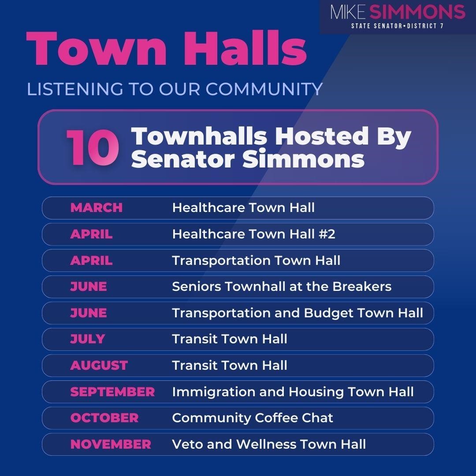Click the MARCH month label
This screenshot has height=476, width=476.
(x=96, y=208)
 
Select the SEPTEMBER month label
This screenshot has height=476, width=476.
(x=112, y=392)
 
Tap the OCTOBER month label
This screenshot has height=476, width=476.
(x=104, y=418)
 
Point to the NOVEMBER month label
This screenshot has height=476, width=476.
(x=110, y=444)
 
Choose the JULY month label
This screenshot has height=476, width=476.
(x=87, y=339)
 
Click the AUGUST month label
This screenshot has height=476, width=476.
(x=99, y=365)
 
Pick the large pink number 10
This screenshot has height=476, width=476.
(x=93, y=148)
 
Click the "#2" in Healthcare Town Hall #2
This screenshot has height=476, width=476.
(x=326, y=234)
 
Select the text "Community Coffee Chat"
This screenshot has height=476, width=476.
(x=253, y=418)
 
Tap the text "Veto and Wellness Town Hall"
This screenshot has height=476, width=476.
(x=269, y=444)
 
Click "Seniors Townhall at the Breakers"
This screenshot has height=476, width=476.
(x=282, y=286)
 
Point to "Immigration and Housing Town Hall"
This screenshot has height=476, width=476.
(x=293, y=392)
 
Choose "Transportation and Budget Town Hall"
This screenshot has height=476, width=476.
(x=297, y=313)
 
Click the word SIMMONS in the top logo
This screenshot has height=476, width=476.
(x=417, y=12)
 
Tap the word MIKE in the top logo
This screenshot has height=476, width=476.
(x=348, y=12)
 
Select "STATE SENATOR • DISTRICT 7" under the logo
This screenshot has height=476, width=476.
(x=397, y=26)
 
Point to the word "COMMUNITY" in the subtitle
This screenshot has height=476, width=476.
(x=264, y=89)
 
